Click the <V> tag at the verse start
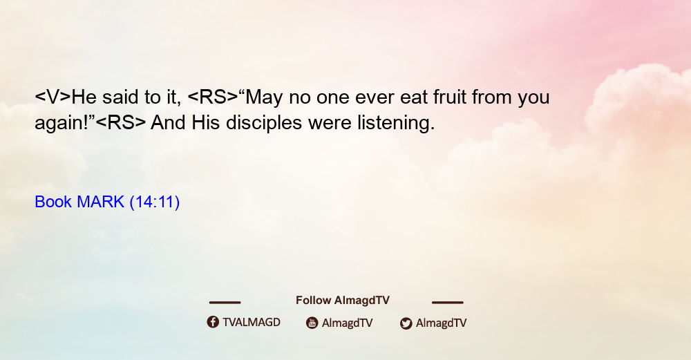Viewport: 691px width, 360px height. [53, 97]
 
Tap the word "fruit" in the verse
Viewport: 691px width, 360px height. [450, 97]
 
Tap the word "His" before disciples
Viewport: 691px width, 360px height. [205, 122]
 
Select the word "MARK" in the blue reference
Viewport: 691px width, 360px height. [100, 202]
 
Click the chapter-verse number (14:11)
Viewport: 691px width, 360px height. [154, 202]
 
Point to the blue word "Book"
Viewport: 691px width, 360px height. [53, 202]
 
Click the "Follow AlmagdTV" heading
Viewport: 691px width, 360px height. [343, 301]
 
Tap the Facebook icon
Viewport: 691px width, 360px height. [213, 322]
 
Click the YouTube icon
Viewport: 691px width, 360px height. [312, 323]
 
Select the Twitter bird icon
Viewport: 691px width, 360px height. [406, 323]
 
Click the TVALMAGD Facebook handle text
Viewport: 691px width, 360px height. [252, 323]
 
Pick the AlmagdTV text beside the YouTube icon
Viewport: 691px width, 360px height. [348, 323]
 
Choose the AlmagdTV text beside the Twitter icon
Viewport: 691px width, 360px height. [441, 323]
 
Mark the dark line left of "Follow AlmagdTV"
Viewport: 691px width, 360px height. [225, 303]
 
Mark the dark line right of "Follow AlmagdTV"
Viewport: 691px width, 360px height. [448, 303]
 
